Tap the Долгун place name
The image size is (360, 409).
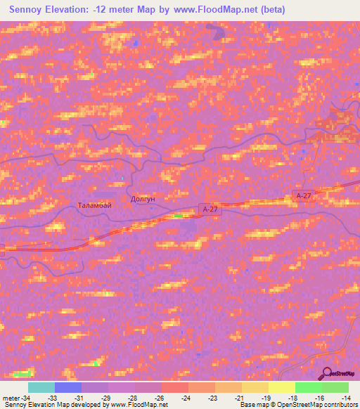(x=143, y=199)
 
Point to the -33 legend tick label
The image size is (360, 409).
(x=51, y=397)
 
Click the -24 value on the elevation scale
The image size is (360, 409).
(x=186, y=397)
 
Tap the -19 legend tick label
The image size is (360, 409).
(x=266, y=397)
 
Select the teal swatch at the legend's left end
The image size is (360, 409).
(x=41, y=387)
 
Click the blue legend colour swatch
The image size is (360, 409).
(x=68, y=387)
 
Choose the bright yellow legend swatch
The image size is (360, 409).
(x=282, y=387)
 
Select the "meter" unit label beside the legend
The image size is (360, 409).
(x=11, y=397)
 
